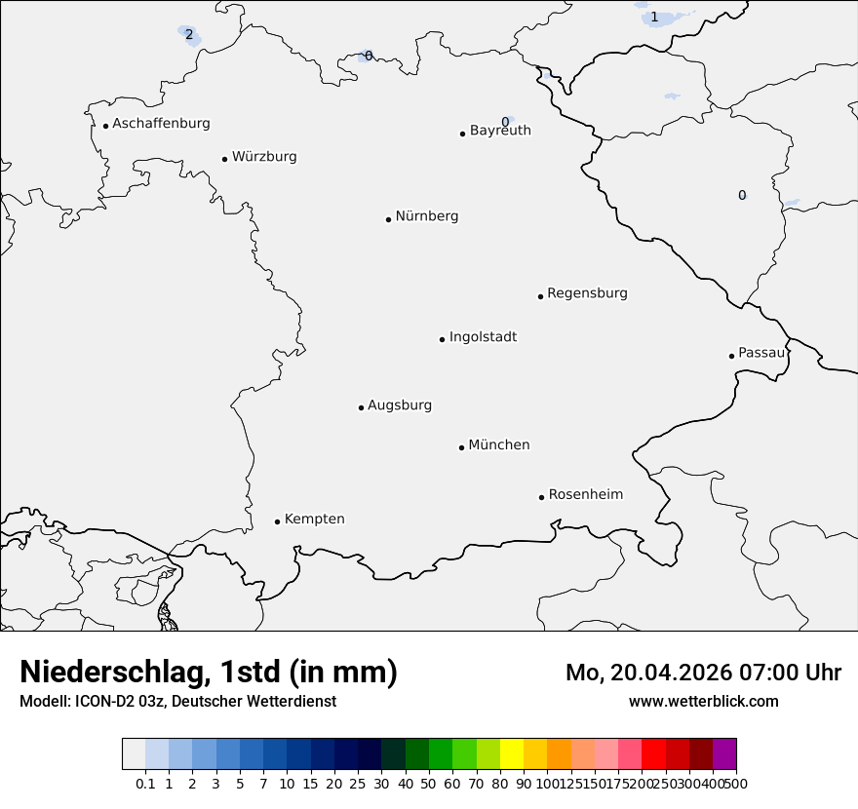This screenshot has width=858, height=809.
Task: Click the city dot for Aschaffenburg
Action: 105,126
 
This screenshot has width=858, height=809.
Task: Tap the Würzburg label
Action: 264,157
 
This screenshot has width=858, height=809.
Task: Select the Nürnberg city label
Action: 427,216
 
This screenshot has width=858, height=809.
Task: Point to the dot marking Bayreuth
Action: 462,134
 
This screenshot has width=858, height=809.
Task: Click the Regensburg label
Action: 587,293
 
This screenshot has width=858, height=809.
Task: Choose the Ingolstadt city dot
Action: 442,339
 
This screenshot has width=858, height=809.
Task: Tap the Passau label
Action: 761,353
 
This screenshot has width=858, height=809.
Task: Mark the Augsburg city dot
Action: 361,407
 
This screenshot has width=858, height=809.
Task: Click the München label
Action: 499,445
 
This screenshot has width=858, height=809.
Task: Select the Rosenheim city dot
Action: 541,497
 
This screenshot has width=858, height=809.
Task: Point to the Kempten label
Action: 314,520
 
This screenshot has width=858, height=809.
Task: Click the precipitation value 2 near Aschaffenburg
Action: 189,35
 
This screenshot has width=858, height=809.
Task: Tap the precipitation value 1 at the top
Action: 654,17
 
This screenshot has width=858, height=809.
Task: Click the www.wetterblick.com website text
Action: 704,702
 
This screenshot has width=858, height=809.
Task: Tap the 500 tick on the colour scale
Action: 737,783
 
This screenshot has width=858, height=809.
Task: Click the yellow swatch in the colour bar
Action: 512,754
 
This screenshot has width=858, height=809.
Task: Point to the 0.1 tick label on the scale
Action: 145,783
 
